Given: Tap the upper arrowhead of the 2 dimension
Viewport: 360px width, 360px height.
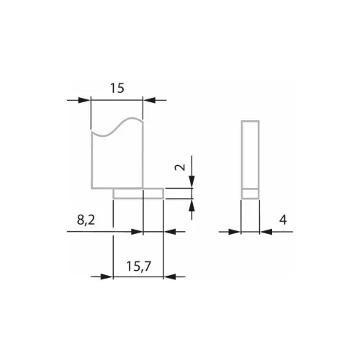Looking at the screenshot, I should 192,183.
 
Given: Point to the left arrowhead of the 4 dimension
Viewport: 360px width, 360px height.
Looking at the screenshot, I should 235,232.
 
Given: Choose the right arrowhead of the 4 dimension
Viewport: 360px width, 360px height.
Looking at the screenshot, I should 264,232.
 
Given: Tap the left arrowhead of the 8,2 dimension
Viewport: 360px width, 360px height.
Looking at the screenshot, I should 137,232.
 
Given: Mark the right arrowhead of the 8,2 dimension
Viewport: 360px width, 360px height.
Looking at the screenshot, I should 171,232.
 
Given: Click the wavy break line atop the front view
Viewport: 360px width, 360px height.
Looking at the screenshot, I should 117,127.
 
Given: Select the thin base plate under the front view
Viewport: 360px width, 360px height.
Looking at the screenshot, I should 139,192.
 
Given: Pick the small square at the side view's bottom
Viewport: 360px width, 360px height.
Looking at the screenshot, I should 249,192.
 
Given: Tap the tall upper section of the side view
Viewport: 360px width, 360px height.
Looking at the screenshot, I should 249,153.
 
